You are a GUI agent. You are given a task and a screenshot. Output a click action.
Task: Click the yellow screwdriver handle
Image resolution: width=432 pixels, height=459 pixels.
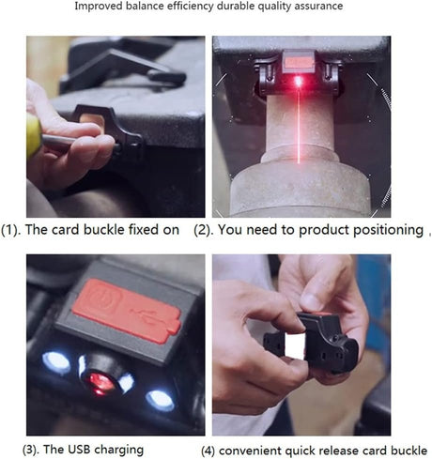pyautogui.click(x=34, y=135)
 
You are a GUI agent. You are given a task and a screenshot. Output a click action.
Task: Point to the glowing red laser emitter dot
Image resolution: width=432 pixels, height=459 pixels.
pyautogui.click(x=298, y=82)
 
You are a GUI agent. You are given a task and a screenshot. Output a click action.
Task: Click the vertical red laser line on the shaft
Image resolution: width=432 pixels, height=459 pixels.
pyautogui.click(x=299, y=125)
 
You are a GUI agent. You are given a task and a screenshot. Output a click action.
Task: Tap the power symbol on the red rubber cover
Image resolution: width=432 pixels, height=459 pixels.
pyautogui.click(x=101, y=297)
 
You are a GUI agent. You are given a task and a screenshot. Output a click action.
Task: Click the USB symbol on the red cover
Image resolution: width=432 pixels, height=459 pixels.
pyautogui.click(x=147, y=315)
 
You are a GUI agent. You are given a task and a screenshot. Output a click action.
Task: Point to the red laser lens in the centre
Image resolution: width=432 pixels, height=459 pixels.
pyautogui.click(x=101, y=382)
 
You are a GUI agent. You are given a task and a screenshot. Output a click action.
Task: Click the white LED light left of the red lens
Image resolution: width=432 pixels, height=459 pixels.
pyautogui.click(x=56, y=362)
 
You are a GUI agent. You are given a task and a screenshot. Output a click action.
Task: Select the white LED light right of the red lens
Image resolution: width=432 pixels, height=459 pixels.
pyautogui.click(x=161, y=400)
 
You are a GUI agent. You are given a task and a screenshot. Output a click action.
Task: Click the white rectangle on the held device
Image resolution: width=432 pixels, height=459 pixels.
pyautogui.click(x=295, y=345)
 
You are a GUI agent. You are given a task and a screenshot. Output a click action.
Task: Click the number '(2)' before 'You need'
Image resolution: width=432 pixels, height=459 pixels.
pyautogui.click(x=203, y=230)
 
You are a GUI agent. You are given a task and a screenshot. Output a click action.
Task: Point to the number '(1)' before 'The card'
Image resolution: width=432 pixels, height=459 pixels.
pyautogui.click(x=11, y=230)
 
